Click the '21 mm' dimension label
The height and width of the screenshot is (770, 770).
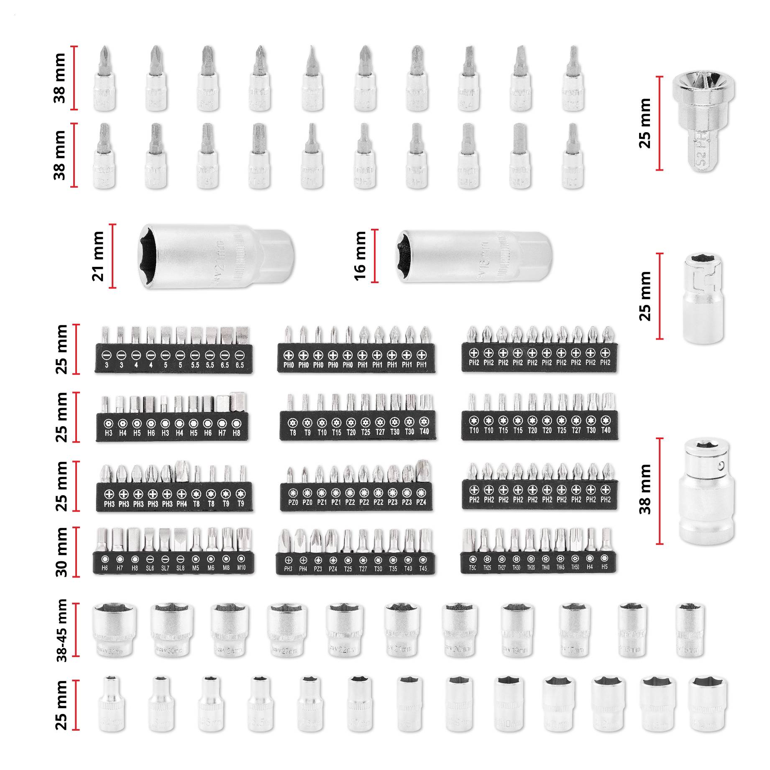click(x=97, y=256)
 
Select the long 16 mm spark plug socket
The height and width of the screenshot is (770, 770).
click(x=474, y=256)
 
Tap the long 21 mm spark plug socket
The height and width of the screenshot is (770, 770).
click(x=215, y=256)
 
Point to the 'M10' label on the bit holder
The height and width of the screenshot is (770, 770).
click(x=241, y=568)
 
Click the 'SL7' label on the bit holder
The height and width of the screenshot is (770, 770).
click(x=165, y=568)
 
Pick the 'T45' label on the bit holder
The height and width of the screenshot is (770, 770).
click(x=423, y=568)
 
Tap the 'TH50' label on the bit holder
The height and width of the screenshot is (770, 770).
click(x=575, y=567)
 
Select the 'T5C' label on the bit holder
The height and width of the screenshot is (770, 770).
click(x=472, y=568)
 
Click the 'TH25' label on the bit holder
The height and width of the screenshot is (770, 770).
click(x=487, y=568)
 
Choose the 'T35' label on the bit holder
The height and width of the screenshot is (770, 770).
click(x=393, y=568)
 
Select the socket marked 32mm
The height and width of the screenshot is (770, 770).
click(x=114, y=629)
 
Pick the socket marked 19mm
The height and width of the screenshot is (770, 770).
click(x=517, y=629)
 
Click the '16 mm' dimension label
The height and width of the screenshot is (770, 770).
click(x=360, y=256)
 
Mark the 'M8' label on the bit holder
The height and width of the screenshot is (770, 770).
click(x=226, y=568)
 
